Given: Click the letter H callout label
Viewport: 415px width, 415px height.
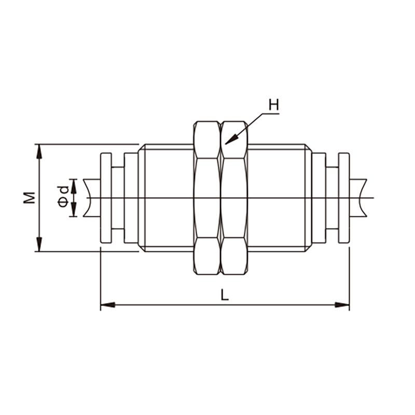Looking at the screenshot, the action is [x=274, y=105].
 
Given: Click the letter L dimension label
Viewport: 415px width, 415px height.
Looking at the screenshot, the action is [x=225, y=295].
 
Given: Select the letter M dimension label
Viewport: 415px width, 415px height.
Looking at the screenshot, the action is [x=30, y=198].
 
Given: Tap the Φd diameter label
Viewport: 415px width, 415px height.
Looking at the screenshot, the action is [x=63, y=197].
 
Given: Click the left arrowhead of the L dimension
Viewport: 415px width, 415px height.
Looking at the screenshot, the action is [x=108, y=305].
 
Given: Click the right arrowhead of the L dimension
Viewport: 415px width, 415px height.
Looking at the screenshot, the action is [x=342, y=305].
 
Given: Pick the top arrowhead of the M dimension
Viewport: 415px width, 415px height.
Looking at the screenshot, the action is [x=39, y=151].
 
